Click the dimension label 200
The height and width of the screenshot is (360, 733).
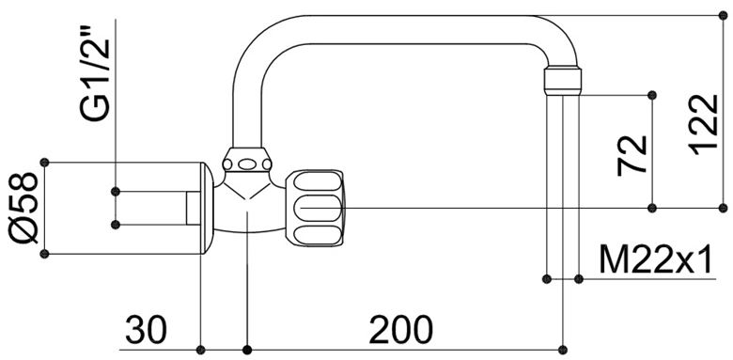tap(400, 330)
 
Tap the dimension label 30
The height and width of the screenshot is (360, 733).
tap(146, 330)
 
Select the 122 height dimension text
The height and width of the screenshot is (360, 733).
tap(703, 125)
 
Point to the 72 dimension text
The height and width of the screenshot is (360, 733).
tap(632, 156)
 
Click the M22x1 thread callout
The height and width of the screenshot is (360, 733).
tap(655, 260)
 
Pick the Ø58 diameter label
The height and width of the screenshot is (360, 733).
tap(23, 208)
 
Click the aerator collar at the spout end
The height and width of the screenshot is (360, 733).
tap(563, 82)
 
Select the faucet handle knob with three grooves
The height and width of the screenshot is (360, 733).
tap(315, 208)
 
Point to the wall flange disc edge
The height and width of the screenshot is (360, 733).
tap(207, 208)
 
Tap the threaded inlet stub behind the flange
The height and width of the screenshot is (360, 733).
tap(194, 208)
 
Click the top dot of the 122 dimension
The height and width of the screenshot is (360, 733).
tap(723, 16)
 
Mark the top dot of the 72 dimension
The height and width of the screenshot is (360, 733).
tap(652, 95)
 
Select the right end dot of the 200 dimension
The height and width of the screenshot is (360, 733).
tap(563, 350)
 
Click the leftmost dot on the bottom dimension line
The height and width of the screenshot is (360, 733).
tap(200, 350)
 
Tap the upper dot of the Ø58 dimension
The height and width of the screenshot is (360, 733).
tap(44, 163)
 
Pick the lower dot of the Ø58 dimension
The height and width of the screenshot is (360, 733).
tap(44, 254)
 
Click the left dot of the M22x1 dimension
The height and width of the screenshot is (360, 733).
tap(547, 279)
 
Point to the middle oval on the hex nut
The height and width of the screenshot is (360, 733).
tap(246, 164)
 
